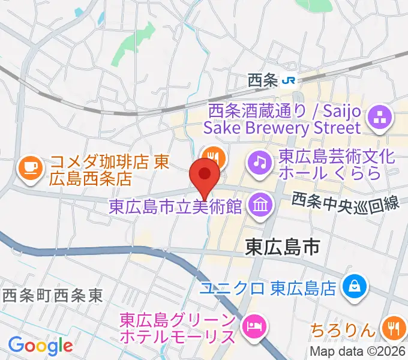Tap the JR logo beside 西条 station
pos(290,80)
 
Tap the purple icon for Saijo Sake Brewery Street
pos(379,119)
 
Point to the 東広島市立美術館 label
pos(175,206)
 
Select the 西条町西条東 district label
pos(53,295)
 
